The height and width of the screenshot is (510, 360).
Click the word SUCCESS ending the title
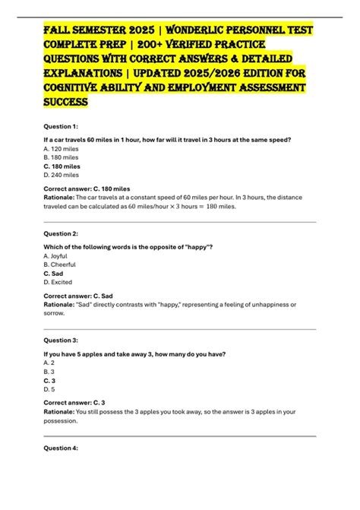[x=66, y=101]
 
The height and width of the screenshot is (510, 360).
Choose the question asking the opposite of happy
[x=133, y=248]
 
